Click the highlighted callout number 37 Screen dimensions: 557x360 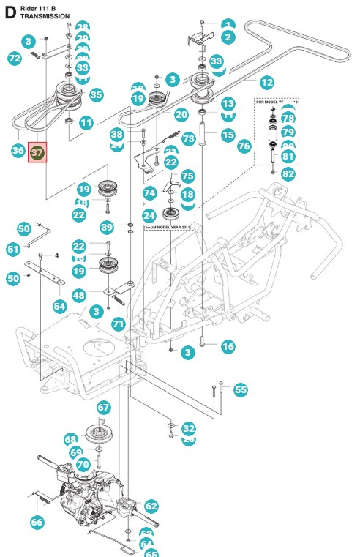[x=37, y=152]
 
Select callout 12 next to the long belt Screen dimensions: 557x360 [x=266, y=83]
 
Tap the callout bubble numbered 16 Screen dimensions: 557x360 [x=228, y=346]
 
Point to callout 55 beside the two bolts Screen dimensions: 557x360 [x=241, y=390]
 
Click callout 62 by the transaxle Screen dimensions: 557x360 [x=151, y=506]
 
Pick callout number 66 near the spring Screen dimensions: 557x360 [x=37, y=522]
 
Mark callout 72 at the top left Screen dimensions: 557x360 [x=15, y=58]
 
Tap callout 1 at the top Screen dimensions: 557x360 [x=228, y=24]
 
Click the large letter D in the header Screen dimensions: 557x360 [x=10, y=10]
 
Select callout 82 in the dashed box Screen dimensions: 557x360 [x=288, y=173]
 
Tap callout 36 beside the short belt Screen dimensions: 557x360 [x=19, y=150]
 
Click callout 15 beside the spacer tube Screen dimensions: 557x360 [x=228, y=135]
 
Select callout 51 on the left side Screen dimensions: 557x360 [x=14, y=250]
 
